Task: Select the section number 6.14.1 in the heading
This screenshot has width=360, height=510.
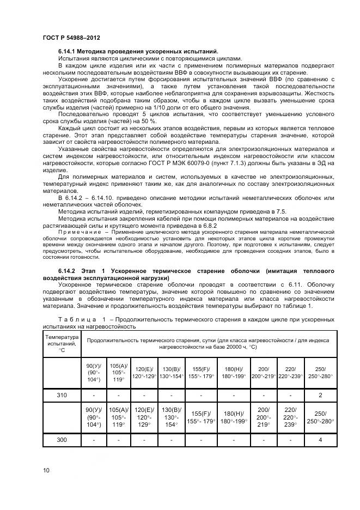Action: coord(69,51)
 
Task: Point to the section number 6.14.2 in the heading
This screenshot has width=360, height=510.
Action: coord(69,271)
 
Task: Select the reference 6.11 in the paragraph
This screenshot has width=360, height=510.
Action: coord(289,285)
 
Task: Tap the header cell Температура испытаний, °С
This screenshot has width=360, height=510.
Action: coord(62,343)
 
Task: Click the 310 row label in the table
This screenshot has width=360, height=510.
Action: coord(62,395)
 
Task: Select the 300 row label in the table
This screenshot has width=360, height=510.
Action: coord(62,439)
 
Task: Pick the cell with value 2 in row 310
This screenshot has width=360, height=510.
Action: coord(320,395)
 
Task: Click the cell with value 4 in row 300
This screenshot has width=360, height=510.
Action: coord(320,439)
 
